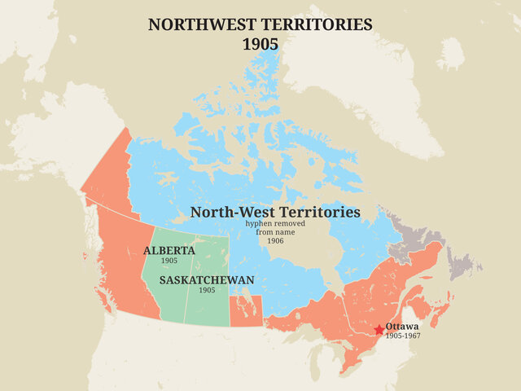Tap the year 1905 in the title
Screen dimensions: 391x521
tap(260, 44)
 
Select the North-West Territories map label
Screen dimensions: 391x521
tap(274, 212)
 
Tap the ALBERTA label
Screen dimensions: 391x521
tap(169, 250)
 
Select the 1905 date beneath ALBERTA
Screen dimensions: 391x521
tap(169, 261)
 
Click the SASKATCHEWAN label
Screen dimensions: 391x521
tap(207, 279)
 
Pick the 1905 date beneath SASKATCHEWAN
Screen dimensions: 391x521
tap(207, 290)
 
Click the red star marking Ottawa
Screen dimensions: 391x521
tap(379, 330)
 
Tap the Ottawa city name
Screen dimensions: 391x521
tap(402, 326)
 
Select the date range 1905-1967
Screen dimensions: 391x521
tap(403, 336)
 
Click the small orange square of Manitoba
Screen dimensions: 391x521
tap(242, 311)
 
